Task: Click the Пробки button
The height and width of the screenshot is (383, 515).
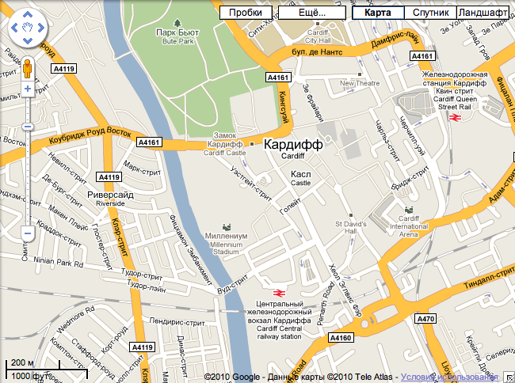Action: pos(246,13)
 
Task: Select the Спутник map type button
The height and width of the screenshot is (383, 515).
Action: pos(430,13)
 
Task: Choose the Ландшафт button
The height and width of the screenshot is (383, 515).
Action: pos(483,13)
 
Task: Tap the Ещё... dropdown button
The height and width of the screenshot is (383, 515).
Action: pos(313,13)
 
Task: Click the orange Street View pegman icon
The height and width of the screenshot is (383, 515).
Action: pos(27,68)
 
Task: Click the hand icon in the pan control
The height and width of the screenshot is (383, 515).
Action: pos(27,30)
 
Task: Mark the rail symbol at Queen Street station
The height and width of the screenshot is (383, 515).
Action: pos(456,117)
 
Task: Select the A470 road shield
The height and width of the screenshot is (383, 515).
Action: pos(426,319)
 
